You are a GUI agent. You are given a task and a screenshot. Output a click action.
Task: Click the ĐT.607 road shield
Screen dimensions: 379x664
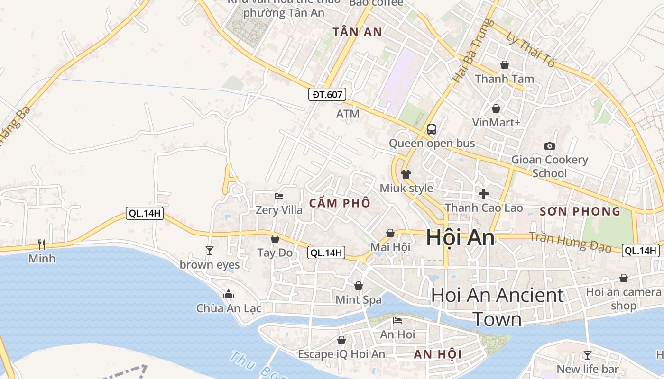tap(327, 94)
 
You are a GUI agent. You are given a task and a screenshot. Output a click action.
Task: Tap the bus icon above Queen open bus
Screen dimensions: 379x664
tap(432, 129)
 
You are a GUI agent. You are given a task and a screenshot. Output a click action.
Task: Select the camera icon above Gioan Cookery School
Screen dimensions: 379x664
tap(550, 146)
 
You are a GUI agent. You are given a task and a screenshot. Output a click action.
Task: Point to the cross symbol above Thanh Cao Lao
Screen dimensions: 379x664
tap(484, 194)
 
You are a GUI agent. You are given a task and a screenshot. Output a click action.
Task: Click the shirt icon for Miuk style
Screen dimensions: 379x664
tap(406, 174)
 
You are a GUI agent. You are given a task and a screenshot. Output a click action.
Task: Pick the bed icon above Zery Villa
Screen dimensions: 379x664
tap(279, 196)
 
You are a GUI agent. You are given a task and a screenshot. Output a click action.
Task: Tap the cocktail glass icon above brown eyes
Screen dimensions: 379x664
tap(210, 250)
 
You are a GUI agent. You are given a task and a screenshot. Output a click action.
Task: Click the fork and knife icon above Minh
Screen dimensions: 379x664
tap(42, 244)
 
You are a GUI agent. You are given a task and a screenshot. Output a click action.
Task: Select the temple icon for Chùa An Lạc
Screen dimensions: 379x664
tap(229, 294)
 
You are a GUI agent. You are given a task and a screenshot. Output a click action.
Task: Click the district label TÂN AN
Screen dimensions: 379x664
tap(357, 32)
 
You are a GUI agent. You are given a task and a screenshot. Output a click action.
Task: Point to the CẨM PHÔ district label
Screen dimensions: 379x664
tap(340, 203)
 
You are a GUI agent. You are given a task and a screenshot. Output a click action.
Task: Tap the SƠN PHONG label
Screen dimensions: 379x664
tap(580, 211)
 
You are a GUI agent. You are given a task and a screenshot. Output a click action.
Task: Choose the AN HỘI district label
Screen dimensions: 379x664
tap(438, 354)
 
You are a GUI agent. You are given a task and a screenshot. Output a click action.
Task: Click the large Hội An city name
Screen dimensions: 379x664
tap(460, 237)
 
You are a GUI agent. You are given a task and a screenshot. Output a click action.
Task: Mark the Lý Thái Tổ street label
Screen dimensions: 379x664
tap(530, 49)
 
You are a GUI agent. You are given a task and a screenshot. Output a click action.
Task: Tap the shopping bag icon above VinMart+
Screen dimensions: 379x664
tap(496, 108)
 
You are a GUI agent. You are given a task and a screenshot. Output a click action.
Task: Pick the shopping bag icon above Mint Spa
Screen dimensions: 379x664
tap(359, 286)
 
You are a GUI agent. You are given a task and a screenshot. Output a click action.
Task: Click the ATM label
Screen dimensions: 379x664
tap(348, 114)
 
